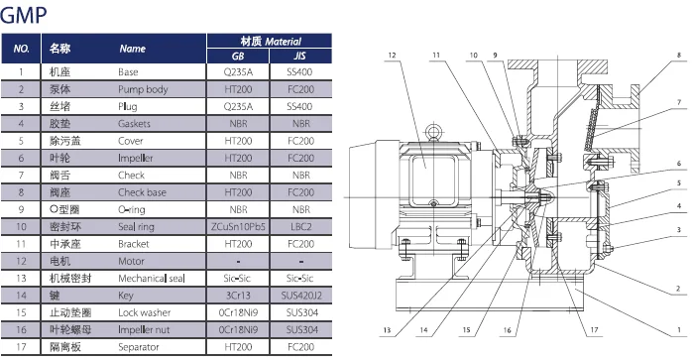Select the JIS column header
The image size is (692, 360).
click(x=298, y=57)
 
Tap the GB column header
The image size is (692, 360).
click(x=237, y=57)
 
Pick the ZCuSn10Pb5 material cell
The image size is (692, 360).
click(x=237, y=227)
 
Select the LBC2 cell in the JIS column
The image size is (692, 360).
click(x=298, y=227)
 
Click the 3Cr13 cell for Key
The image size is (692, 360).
click(x=237, y=296)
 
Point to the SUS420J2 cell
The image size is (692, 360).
click(x=298, y=296)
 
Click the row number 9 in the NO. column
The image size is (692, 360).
click(x=22, y=210)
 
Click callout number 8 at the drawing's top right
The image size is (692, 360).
click(x=679, y=57)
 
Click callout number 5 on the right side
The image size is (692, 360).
click(x=679, y=184)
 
